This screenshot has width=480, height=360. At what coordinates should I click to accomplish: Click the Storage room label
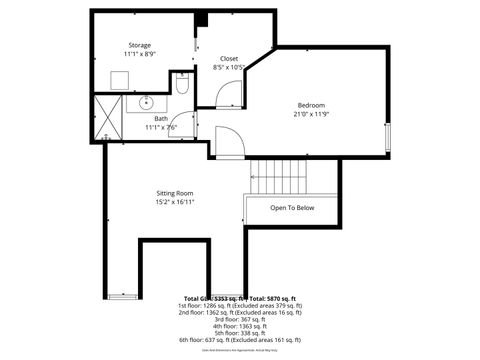click(139, 46)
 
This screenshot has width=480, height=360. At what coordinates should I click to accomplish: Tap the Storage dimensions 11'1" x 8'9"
click(139, 55)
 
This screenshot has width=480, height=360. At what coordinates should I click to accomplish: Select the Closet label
click(229, 59)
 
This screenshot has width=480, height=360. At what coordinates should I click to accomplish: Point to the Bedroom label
click(311, 105)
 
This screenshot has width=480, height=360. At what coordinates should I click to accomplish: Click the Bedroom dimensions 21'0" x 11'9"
click(311, 114)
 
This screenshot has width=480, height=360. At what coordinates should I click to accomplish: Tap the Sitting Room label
click(174, 192)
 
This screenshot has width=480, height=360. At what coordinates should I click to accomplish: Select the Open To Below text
click(292, 208)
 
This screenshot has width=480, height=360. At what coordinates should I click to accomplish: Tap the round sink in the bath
click(147, 102)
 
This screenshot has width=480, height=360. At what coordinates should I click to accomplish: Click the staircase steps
click(279, 177)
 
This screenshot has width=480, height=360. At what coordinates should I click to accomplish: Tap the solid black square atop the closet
click(201, 19)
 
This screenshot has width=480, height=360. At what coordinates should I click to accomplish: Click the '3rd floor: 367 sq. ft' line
click(241, 319)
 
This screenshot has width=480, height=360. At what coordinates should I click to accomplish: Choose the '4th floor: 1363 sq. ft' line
click(241, 326)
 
